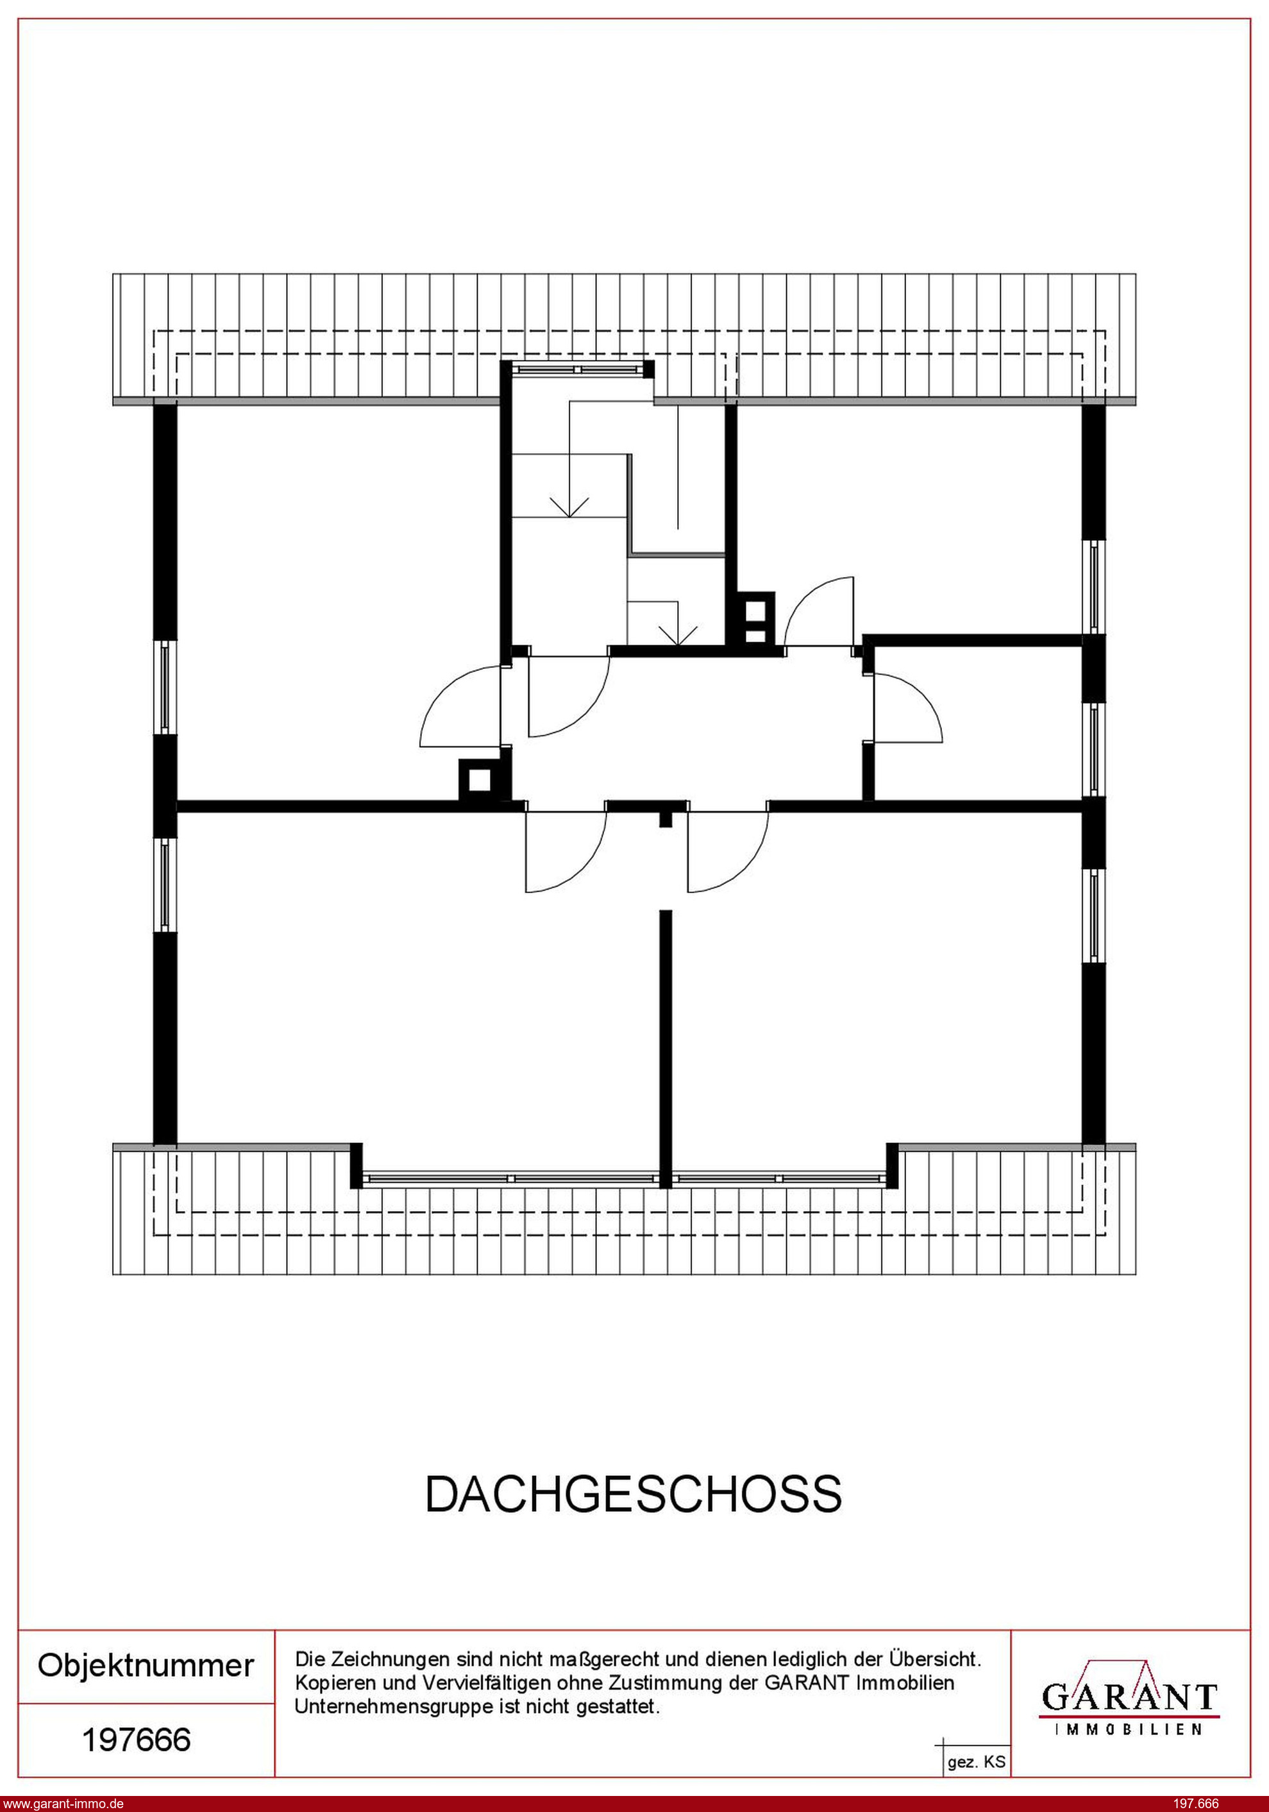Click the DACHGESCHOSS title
point(634,1494)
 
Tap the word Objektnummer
point(146,1666)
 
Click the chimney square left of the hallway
point(479,780)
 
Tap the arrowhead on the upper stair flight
point(569,506)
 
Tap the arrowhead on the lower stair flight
point(678,634)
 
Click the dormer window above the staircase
point(578,369)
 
